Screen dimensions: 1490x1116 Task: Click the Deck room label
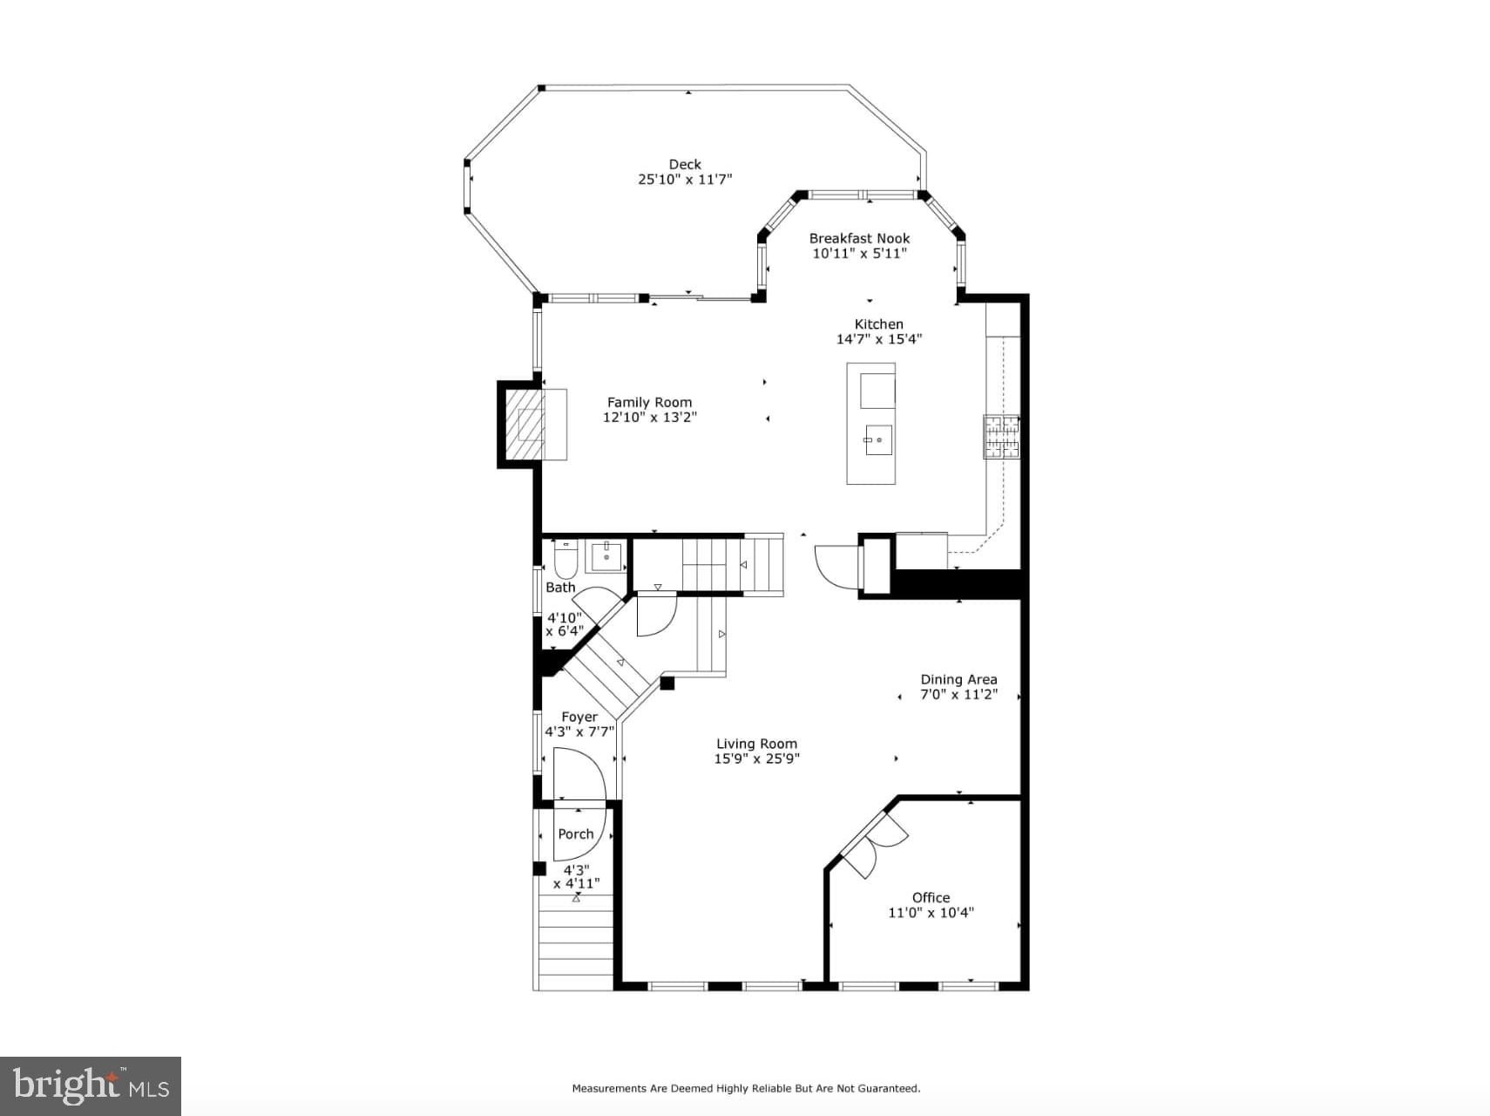[x=685, y=164]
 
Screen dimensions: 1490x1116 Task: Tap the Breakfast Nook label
[x=859, y=238]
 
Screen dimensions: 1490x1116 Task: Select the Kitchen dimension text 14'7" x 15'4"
[x=879, y=339]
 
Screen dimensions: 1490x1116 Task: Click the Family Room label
[x=650, y=402]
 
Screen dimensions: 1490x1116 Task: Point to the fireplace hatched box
[x=526, y=425]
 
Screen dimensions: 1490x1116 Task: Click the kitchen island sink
[x=878, y=439]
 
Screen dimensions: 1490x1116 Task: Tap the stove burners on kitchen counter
[x=1001, y=437]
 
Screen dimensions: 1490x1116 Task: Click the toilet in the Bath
[x=566, y=560]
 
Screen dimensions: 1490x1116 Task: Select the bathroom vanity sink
[x=606, y=556]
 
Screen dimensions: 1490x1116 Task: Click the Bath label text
[x=560, y=588]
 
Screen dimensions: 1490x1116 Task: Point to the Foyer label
[x=579, y=717]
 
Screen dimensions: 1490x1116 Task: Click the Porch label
[x=576, y=834]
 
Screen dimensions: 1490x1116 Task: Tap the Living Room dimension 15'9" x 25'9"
[x=757, y=759]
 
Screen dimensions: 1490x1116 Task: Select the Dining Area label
[x=959, y=679]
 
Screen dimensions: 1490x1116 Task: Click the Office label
[x=931, y=897]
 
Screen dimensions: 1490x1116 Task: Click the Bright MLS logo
[x=91, y=1086]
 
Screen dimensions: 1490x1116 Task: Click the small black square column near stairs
[x=667, y=683]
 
